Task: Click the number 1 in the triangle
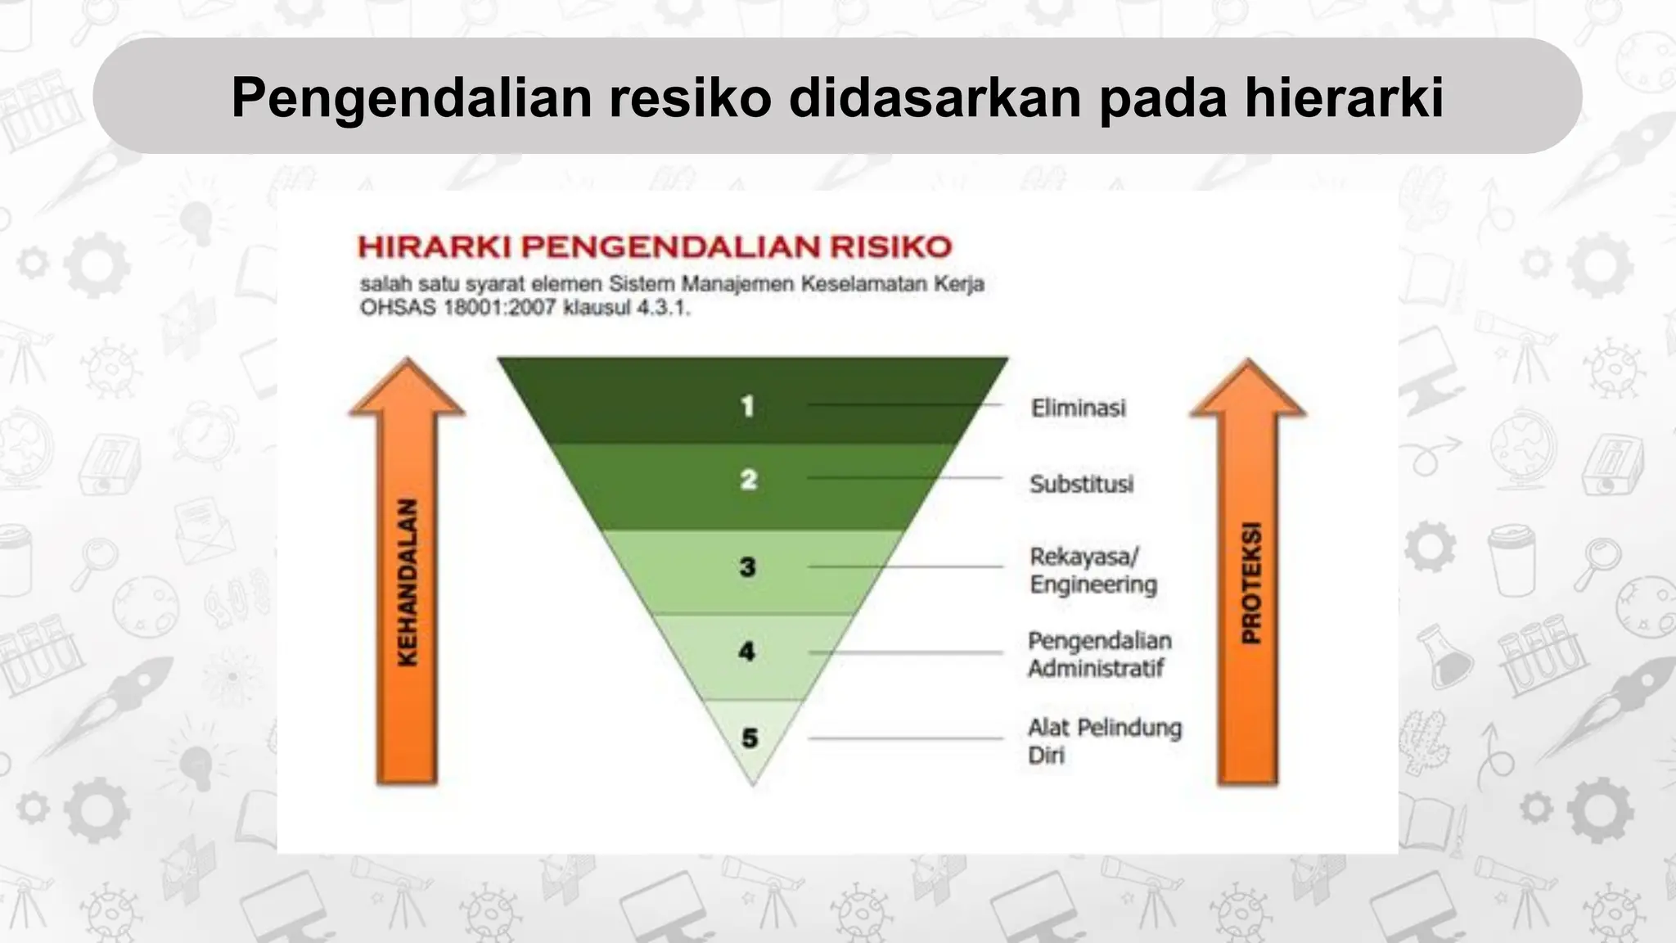pos(746,406)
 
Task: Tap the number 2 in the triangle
pos(748,480)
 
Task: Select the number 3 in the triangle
pos(747,566)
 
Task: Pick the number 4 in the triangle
pos(746,652)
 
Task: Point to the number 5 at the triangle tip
pos(750,738)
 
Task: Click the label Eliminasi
pos(1078,408)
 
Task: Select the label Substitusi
pos(1081,484)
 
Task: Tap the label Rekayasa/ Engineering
pos(1093,571)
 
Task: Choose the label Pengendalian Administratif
pos(1099,654)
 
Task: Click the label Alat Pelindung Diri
pos(1104,741)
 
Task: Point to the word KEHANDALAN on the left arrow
pos(407,582)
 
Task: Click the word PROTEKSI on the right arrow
pos(1250,582)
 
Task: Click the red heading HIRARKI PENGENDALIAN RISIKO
pos(655,247)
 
